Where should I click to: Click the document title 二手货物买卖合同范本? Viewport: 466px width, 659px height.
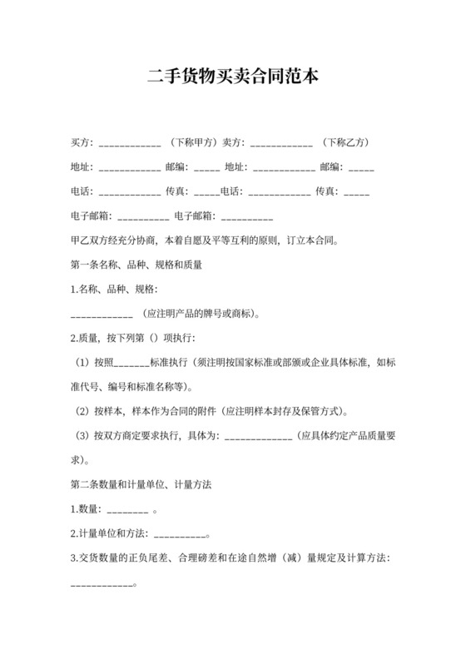pos(232,77)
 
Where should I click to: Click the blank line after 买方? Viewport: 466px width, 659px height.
pos(129,143)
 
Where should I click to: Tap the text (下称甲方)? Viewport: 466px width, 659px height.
pos(193,143)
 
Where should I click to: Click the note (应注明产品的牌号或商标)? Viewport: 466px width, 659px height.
pos(205,315)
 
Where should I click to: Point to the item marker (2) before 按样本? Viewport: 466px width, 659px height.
pos(81,412)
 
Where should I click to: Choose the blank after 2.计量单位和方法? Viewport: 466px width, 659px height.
pos(178,533)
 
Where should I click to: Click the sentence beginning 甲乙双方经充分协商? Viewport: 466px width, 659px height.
pos(205,241)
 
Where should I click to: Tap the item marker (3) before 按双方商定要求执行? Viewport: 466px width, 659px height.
pos(81,436)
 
